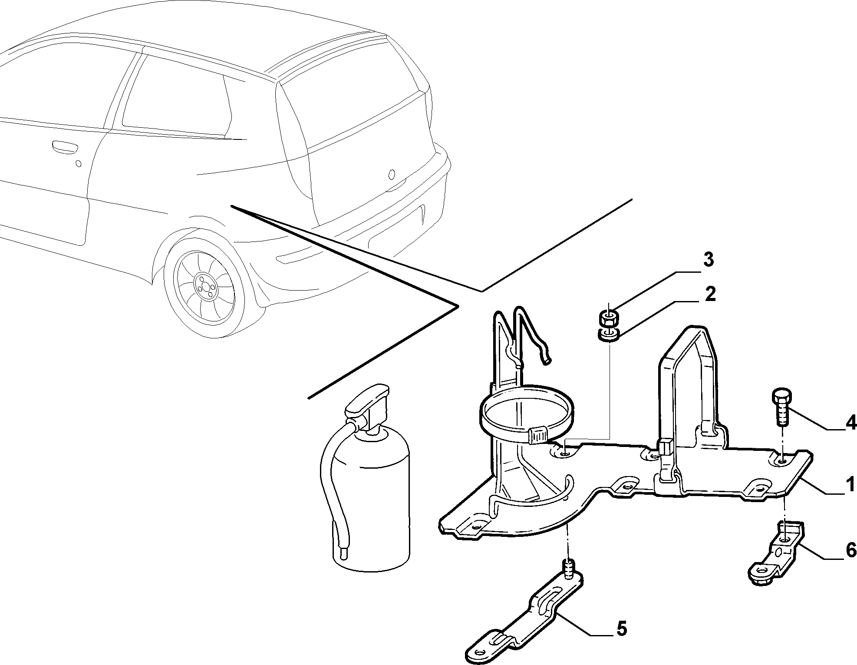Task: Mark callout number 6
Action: (850, 551)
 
